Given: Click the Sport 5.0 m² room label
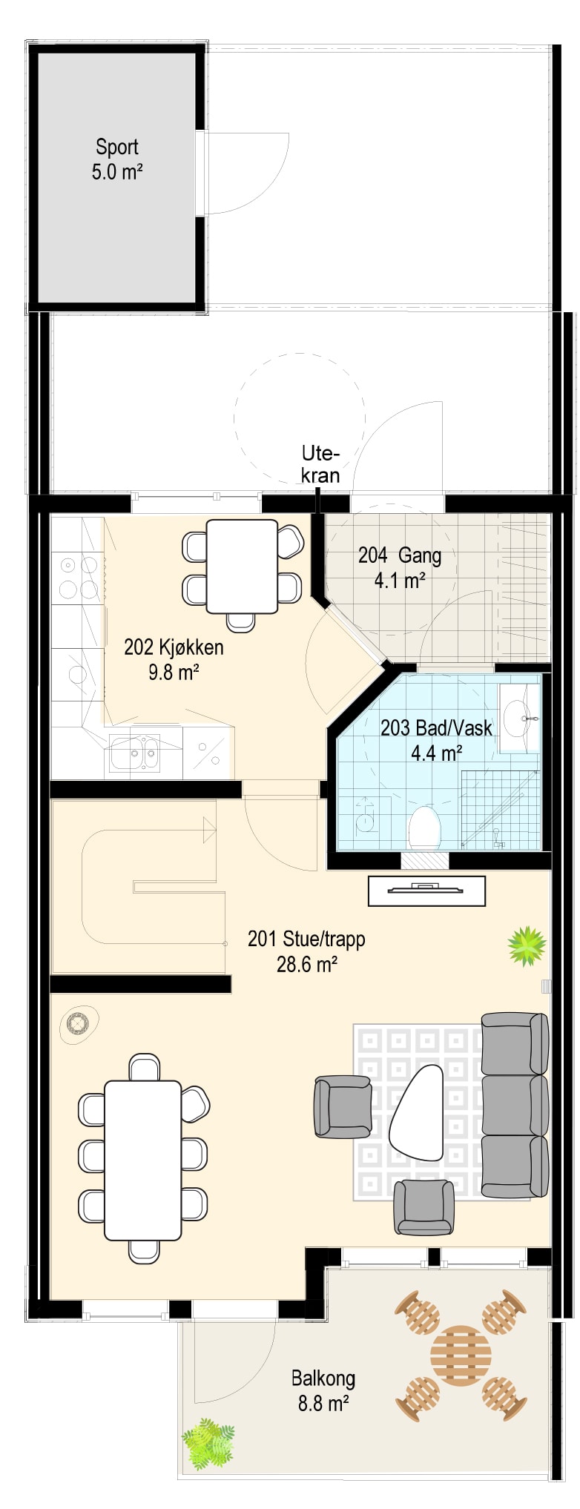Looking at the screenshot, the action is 116,159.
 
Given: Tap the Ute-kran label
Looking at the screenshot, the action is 320,464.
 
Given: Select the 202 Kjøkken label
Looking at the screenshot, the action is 174,659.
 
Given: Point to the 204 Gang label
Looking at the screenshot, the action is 400,567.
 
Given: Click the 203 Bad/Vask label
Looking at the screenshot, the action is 436,740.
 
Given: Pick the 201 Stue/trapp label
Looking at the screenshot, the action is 306,951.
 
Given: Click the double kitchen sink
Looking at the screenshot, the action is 134,753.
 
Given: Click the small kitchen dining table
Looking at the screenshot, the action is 242,567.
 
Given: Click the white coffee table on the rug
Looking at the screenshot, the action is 416,1112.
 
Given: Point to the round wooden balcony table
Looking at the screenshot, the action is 461,1356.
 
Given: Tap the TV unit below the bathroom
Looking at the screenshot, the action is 426,891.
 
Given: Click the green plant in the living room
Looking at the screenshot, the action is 527,945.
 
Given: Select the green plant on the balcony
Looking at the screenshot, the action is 208,1444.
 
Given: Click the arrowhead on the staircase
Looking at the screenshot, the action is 210,831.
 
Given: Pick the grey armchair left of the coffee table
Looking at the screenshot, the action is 343,1106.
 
